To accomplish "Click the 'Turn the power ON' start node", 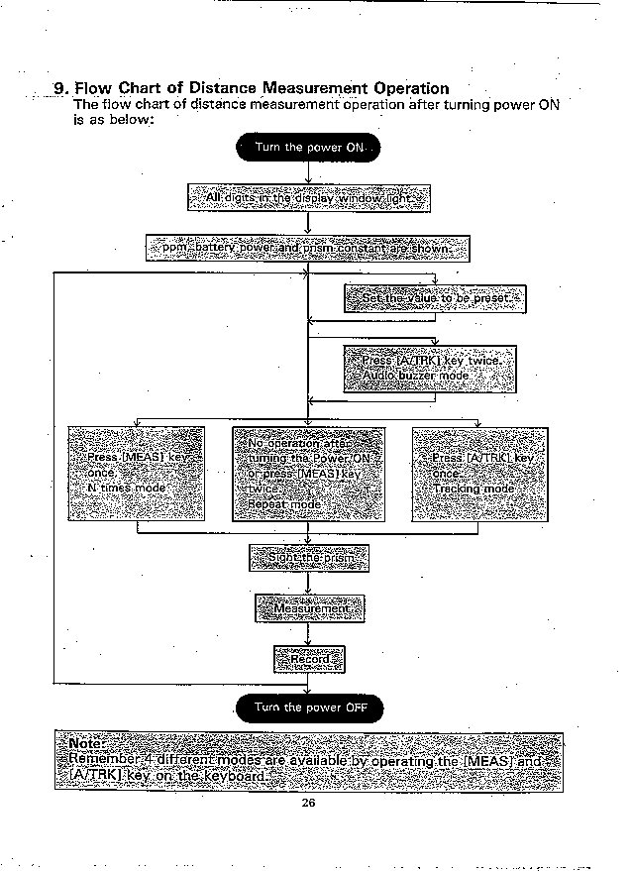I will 308,149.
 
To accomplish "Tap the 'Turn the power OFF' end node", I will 309,708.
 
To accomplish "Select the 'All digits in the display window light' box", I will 309,198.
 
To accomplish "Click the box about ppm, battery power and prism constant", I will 308,247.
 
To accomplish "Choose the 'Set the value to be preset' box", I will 435,298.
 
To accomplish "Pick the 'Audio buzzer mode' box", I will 430,370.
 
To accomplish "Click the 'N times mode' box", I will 136,473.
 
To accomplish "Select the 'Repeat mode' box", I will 308,474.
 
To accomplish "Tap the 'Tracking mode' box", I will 479,473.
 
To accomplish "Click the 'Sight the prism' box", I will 308,558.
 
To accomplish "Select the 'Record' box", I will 309,658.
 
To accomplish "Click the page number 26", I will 308,803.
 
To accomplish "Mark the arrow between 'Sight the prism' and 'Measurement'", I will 309,583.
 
